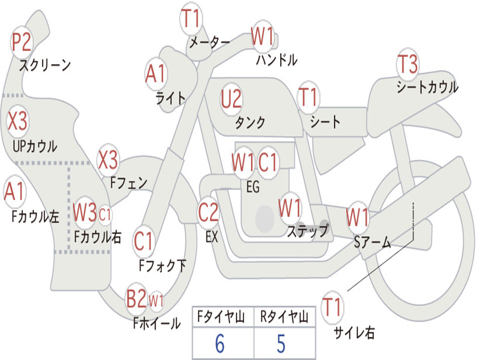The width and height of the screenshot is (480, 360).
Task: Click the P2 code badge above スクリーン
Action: pos(21,42)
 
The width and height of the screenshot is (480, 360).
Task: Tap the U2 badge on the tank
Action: pos(232,99)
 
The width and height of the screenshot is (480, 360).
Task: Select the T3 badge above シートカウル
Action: pos(407,64)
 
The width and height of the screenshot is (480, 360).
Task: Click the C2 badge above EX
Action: pos(208,212)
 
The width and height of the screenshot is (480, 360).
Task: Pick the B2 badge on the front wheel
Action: pos(136,298)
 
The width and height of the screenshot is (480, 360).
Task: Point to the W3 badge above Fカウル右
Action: pos(85,212)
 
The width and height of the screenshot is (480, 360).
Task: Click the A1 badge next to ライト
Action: pos(156,74)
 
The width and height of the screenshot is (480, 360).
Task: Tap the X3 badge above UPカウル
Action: pos(17,121)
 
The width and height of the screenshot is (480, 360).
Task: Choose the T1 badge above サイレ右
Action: pos(332,307)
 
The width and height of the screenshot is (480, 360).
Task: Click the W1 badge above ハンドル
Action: pos(262,37)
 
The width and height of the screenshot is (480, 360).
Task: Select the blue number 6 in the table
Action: pos(220,344)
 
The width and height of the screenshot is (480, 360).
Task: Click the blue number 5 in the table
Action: pos(281,344)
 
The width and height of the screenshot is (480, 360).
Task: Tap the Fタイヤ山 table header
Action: pos(221,317)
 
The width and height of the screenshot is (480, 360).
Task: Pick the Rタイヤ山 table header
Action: pos(285,317)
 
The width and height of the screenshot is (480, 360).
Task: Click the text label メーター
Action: pos(210,42)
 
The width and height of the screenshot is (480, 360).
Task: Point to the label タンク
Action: pos(250,122)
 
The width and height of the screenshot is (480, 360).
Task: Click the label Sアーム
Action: pos(373,242)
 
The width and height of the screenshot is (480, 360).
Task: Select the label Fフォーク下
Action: pos(163,265)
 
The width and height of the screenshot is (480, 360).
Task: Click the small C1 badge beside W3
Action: pos(105,214)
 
